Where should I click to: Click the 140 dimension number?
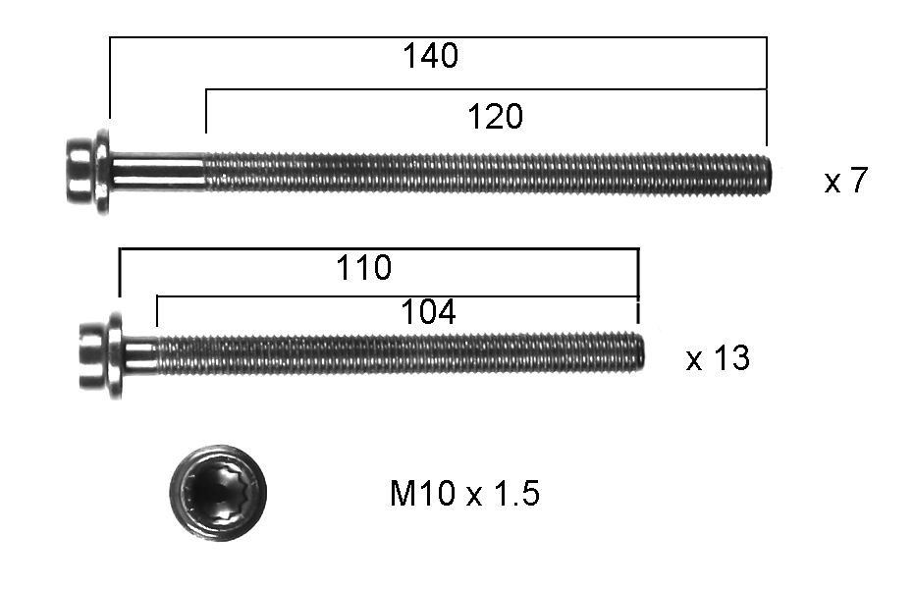431,56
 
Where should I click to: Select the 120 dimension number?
496,117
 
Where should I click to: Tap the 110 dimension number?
363,268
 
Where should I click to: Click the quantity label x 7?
846,181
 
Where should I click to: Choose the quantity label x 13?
718,357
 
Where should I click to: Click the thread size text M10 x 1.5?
464,493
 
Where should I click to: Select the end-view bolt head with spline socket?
218,493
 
